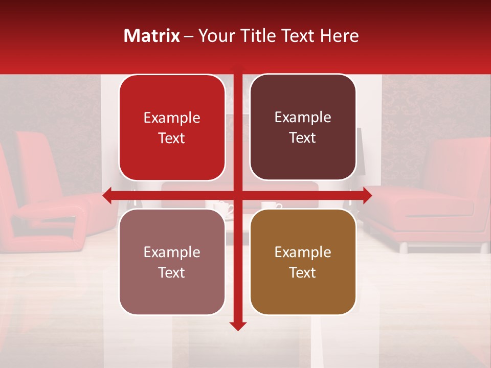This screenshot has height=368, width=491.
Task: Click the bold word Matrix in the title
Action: tap(152, 36)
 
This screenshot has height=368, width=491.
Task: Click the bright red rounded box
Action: tap(172, 128)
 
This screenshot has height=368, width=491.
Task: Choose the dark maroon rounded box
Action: tap(303, 127)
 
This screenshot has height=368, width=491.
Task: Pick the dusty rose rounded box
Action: tap(172, 262)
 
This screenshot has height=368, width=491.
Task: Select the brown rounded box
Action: tap(303, 262)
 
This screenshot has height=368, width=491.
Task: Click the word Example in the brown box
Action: tap(303, 252)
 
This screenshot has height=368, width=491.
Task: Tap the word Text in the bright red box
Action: tap(172, 139)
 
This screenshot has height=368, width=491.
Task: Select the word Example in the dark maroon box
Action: tap(303, 117)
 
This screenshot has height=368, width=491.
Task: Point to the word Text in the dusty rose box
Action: tap(172, 272)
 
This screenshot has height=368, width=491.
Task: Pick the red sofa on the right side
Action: tap(435, 199)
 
